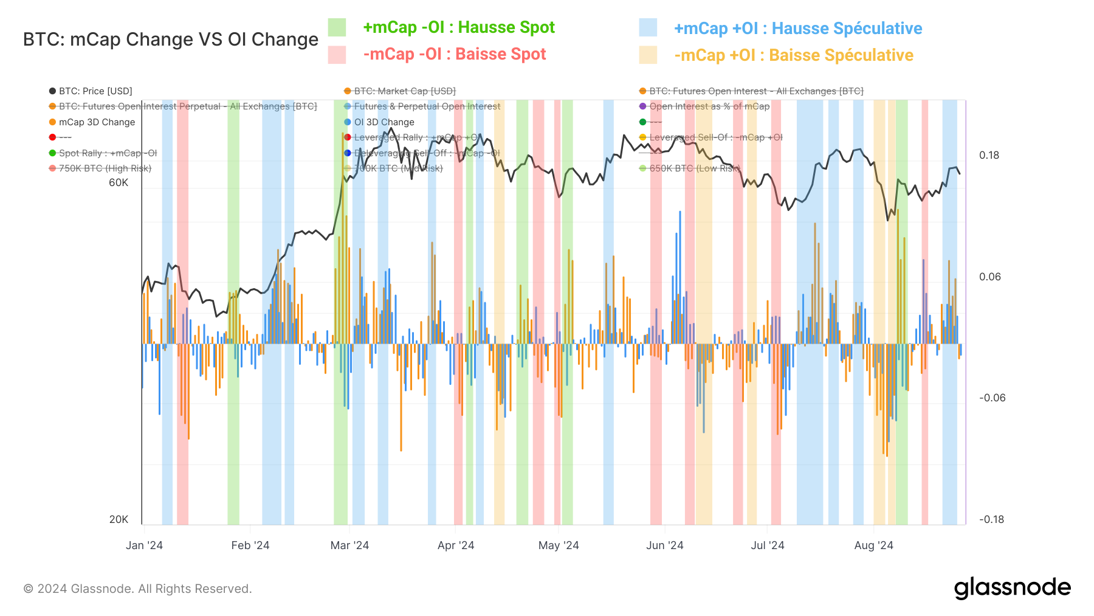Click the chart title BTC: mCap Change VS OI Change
click(x=170, y=40)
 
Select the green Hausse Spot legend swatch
click(x=337, y=27)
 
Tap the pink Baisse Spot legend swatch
click(x=337, y=55)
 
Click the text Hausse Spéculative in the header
click(x=847, y=29)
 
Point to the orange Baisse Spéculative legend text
click(x=793, y=55)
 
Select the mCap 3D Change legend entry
click(x=97, y=122)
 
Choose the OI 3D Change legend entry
click(x=384, y=122)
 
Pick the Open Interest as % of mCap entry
click(x=709, y=106)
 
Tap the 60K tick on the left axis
click(x=119, y=182)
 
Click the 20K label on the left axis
click(x=119, y=519)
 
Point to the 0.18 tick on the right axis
click(x=989, y=155)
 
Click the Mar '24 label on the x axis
click(x=349, y=545)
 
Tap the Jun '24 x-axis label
click(x=664, y=545)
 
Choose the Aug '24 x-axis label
click(x=873, y=545)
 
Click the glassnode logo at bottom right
click(x=1012, y=588)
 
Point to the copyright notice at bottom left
click(x=137, y=589)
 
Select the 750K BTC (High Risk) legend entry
click(x=105, y=168)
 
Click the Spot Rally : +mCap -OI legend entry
click(x=108, y=153)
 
